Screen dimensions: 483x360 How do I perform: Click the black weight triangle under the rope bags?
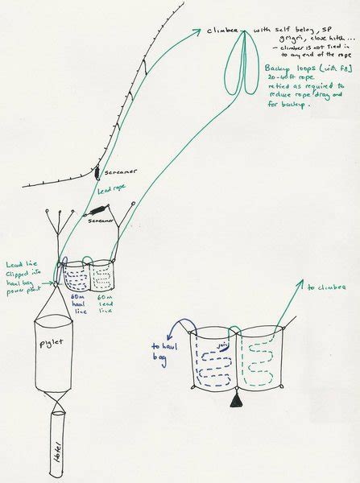[234, 400]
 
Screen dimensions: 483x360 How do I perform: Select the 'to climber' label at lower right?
[322, 286]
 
